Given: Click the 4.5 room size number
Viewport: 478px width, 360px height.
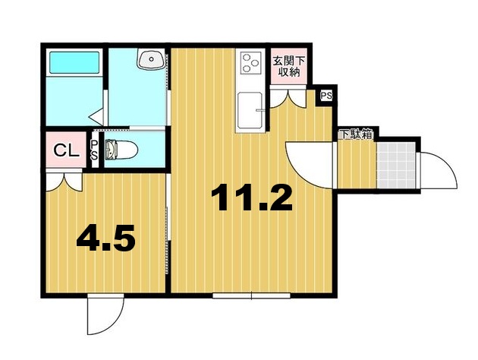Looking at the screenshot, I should (x=105, y=239).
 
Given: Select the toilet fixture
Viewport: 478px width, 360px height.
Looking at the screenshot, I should (x=120, y=150).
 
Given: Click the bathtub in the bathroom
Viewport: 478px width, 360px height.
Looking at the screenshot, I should (x=74, y=62).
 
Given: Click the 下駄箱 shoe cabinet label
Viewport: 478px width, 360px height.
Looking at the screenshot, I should (x=355, y=135).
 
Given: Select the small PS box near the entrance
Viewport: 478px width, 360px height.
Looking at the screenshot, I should (x=326, y=96).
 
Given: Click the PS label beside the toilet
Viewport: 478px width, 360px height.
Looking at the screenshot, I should (x=95, y=150).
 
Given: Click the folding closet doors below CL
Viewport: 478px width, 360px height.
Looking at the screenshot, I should (x=64, y=180).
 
